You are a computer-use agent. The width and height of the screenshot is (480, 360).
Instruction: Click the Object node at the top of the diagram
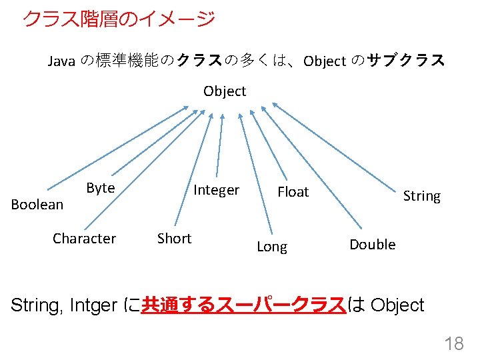pos(225,91)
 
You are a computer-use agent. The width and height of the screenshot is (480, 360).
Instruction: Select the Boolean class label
pos(37,205)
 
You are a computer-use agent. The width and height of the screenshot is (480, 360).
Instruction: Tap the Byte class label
pos(101,188)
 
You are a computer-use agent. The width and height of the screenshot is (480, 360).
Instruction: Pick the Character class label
pos(84,239)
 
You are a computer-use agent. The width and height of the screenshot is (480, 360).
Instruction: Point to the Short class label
pos(174,239)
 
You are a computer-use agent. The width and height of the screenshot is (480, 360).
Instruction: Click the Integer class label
pos(216,191)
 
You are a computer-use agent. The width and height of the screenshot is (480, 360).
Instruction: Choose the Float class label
pos(293,193)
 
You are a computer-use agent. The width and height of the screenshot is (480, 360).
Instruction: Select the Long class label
pos(272,247)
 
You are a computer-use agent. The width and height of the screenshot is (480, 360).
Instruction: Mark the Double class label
pos(373,245)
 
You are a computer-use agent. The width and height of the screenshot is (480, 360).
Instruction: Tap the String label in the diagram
pos(422,196)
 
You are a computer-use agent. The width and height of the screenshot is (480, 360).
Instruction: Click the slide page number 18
pos(454,344)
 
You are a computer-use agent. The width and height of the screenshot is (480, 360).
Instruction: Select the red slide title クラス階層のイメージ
pos(119,19)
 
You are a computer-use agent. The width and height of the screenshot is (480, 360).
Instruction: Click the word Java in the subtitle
pos(61,61)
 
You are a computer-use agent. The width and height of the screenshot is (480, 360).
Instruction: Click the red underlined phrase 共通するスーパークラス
pos(244,305)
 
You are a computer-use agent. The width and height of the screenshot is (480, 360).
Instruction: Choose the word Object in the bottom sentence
pos(397,305)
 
